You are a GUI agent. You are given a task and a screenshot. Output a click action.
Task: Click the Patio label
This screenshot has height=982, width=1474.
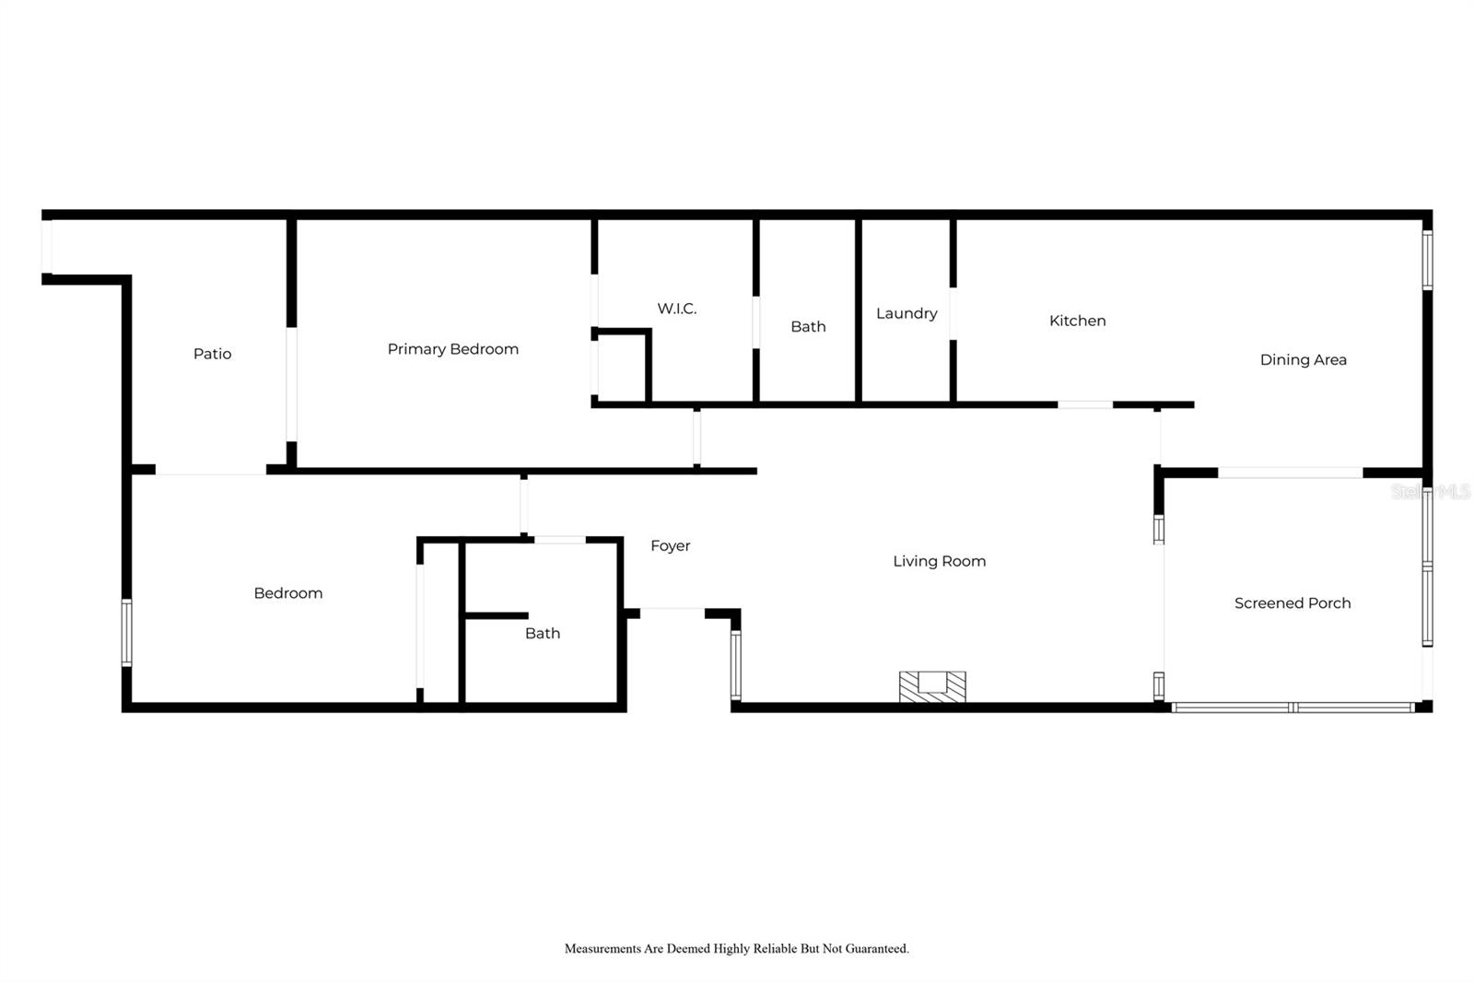coord(212,354)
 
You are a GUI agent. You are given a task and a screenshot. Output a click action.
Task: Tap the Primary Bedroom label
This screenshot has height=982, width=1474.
coord(452,349)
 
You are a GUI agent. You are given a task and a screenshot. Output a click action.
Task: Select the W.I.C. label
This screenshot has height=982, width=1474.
coord(676,309)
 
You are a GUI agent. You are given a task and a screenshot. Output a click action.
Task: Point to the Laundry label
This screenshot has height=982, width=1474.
coord(907,313)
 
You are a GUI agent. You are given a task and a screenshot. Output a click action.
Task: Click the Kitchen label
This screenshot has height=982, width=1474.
coord(1077,321)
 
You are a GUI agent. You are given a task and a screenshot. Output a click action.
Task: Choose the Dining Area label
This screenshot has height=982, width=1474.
coord(1303,359)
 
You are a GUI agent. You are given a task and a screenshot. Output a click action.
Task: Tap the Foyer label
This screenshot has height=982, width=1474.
coord(670,545)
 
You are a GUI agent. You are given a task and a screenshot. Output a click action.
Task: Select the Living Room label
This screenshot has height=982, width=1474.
coord(939,561)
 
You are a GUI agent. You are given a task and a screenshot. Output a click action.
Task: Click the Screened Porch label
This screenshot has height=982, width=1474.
coord(1292,603)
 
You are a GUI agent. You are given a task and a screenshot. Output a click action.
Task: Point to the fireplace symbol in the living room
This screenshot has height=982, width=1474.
coord(932,686)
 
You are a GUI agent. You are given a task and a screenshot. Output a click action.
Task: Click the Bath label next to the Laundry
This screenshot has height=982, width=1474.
coord(808,326)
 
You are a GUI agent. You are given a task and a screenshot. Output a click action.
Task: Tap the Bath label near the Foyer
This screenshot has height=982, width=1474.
coord(543,633)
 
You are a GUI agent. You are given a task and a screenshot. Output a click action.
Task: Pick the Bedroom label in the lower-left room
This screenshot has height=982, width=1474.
coord(288,593)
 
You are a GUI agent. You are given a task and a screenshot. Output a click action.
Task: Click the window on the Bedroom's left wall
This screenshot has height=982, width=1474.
coord(127,632)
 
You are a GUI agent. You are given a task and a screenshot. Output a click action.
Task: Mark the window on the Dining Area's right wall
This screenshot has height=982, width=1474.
coord(1427,260)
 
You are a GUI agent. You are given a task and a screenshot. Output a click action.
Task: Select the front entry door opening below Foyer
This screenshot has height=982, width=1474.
coord(673,610)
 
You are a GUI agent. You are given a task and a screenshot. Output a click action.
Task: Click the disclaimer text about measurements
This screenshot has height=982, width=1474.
coord(736,948)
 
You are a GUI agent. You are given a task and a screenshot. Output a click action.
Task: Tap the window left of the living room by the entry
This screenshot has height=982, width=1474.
coord(735,664)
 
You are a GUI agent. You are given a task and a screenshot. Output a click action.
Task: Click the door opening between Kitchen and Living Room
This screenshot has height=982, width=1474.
coord(1085,404)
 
